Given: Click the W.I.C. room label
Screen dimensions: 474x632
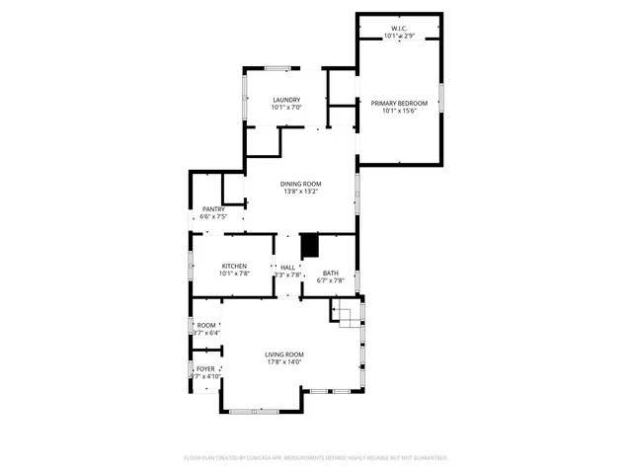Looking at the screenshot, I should [x=399, y=29].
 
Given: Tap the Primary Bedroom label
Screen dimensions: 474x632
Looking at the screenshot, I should [x=399, y=103].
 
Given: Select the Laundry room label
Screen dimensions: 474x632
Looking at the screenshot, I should [x=286, y=100].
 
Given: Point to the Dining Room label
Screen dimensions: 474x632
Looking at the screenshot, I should [x=300, y=184].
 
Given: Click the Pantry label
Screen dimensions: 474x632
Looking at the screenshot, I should [x=213, y=209].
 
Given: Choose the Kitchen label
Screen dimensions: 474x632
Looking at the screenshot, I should [x=234, y=266].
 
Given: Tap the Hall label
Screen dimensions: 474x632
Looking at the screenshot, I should [x=287, y=267].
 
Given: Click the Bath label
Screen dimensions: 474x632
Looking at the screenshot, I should [x=330, y=273].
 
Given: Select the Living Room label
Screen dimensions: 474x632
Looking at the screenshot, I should [x=284, y=355].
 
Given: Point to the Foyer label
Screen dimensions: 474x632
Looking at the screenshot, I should [x=205, y=369].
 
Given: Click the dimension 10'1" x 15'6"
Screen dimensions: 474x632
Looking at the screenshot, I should [x=400, y=111].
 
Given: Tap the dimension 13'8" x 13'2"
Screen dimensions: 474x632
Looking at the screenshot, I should [x=300, y=192].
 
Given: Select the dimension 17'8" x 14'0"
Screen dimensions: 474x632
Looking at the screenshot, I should [x=284, y=362].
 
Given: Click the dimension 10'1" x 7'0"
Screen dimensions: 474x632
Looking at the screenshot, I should [x=286, y=107].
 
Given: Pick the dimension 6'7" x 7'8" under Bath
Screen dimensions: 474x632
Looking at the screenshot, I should [x=330, y=280].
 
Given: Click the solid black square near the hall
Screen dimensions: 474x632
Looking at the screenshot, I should [x=310, y=245].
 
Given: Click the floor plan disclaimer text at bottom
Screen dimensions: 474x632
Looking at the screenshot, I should [x=316, y=458].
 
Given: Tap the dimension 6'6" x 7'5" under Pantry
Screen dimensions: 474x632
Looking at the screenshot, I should [x=213, y=216].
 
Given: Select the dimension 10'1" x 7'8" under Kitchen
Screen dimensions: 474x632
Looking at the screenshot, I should [x=234, y=274].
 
